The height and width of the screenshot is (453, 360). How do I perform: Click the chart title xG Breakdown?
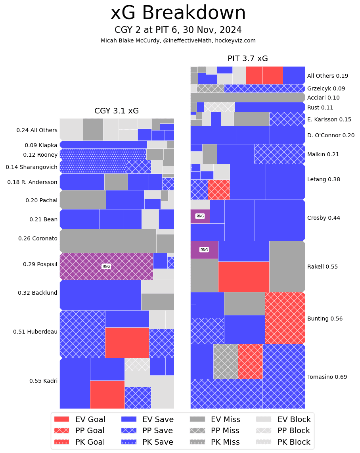pyautogui.click(x=178, y=13)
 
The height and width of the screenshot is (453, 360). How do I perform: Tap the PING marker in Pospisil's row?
pyautogui.click(x=106, y=267)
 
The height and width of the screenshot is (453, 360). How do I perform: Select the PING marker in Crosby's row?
pyautogui.click(x=200, y=216)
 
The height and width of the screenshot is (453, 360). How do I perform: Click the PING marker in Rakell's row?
pyautogui.click(x=204, y=250)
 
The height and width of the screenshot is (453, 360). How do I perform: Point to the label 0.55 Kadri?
pyautogui.click(x=43, y=381)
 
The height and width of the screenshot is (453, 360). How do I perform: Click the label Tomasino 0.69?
pyautogui.click(x=327, y=377)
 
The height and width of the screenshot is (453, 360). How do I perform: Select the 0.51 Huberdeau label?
pyautogui.click(x=35, y=332)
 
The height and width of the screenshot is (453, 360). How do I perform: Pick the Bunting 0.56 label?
pyautogui.click(x=325, y=319)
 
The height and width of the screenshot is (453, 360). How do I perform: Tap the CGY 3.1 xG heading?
pyautogui.click(x=117, y=111)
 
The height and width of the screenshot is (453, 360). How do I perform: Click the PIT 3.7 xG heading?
pyautogui.click(x=248, y=59)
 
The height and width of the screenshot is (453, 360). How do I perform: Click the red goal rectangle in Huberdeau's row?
pyautogui.click(x=127, y=342)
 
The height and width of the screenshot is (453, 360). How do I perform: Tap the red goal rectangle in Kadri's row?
pyautogui.click(x=107, y=394)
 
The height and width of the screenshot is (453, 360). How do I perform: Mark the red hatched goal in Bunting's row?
pyautogui.click(x=285, y=318)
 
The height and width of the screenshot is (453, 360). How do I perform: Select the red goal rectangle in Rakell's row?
pyautogui.click(x=243, y=276)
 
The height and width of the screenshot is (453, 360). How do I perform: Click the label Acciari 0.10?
pyautogui.click(x=323, y=98)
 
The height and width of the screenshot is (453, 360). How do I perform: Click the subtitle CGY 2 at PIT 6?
pyautogui.click(x=178, y=30)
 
